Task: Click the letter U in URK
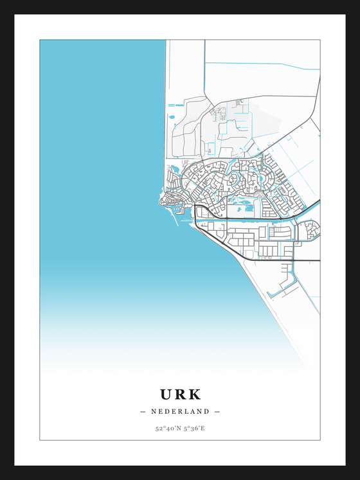166,394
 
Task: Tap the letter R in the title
180,394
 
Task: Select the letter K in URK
194,394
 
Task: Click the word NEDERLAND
180,411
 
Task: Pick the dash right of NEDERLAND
217,411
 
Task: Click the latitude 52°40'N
166,427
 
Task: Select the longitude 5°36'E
194,427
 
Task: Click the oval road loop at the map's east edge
310,229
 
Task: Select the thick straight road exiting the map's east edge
309,260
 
